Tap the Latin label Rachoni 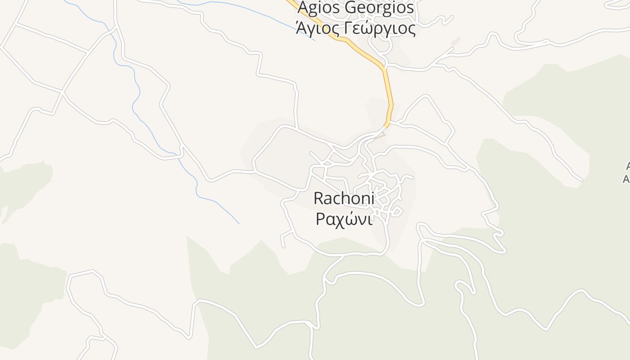point(343,198)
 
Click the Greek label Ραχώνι point(343,219)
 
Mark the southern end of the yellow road point(386,126)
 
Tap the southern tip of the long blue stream point(238,223)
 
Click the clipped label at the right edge point(626,173)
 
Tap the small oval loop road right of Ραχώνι point(396,210)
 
